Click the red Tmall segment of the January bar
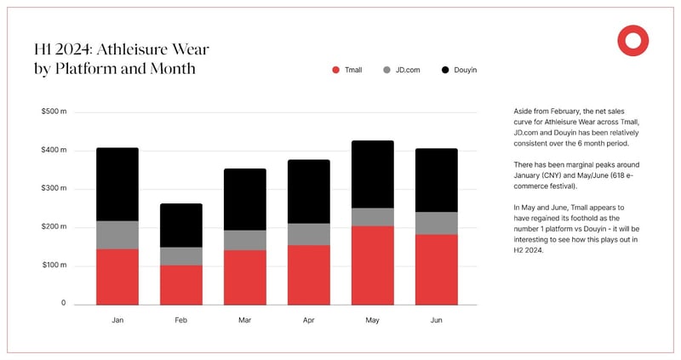[x=117, y=277]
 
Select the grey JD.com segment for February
[x=180, y=256]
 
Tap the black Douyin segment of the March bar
[x=244, y=199]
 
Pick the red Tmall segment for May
[x=373, y=265]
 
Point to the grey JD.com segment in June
[x=437, y=223]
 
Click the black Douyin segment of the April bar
[x=308, y=191]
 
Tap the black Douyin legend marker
[x=446, y=70]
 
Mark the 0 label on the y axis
[x=62, y=304]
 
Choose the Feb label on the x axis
[x=180, y=321]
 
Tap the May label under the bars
[x=373, y=321]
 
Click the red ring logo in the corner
[x=633, y=41]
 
